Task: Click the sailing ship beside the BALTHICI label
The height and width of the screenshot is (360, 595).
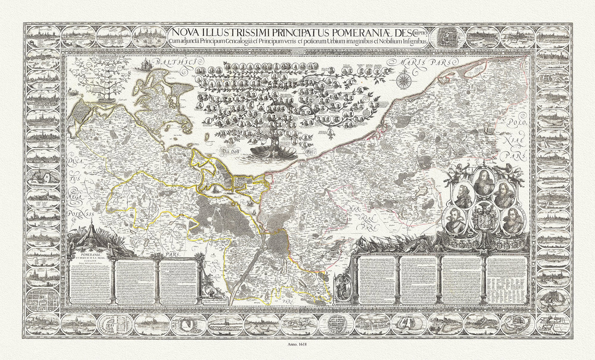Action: pyautogui.click(x=145, y=65)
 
